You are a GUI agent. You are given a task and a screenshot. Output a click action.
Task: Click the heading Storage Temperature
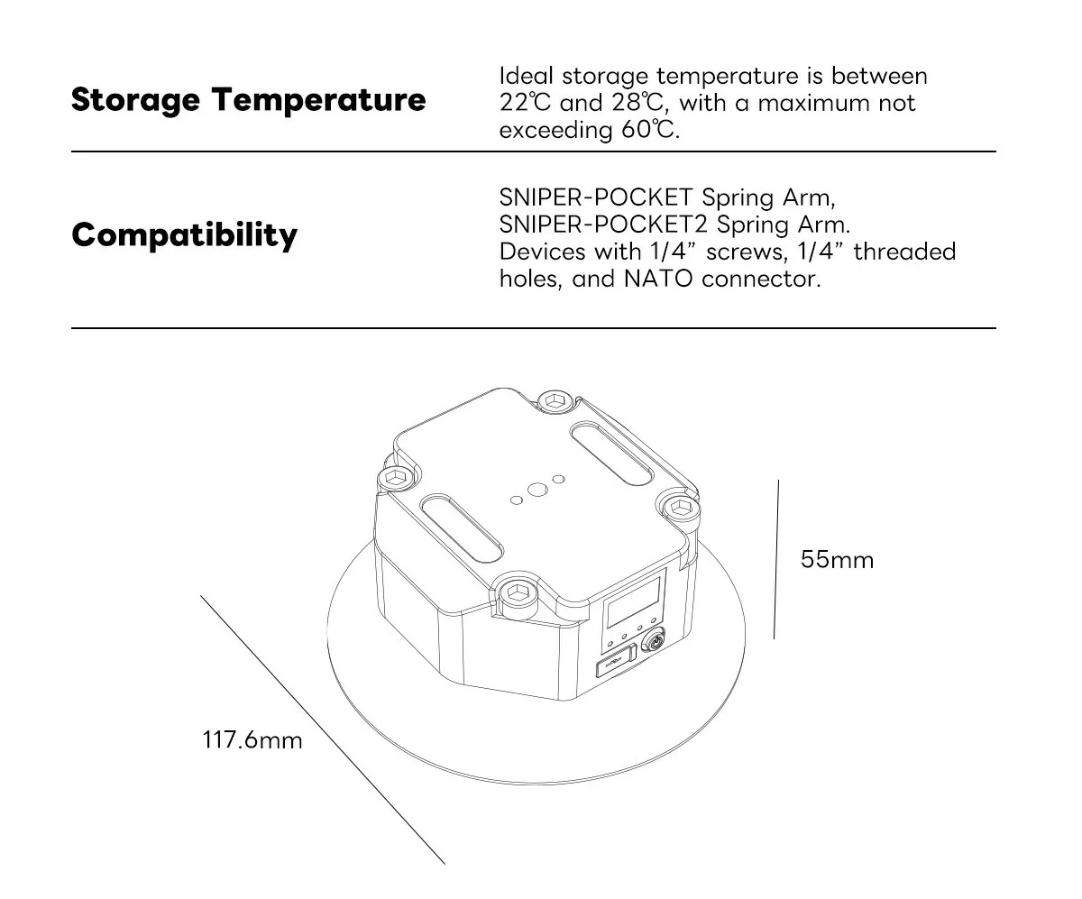pyautogui.click(x=248, y=100)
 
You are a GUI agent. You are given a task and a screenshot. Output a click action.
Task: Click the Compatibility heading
pyautogui.click(x=184, y=235)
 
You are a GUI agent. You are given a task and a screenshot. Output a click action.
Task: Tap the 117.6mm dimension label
pyautogui.click(x=252, y=740)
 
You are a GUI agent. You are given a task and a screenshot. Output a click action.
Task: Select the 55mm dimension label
pyautogui.click(x=837, y=560)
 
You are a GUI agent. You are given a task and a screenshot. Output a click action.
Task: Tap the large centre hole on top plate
pyautogui.click(x=537, y=490)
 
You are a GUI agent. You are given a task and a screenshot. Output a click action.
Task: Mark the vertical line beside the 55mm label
pyautogui.click(x=776, y=559)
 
